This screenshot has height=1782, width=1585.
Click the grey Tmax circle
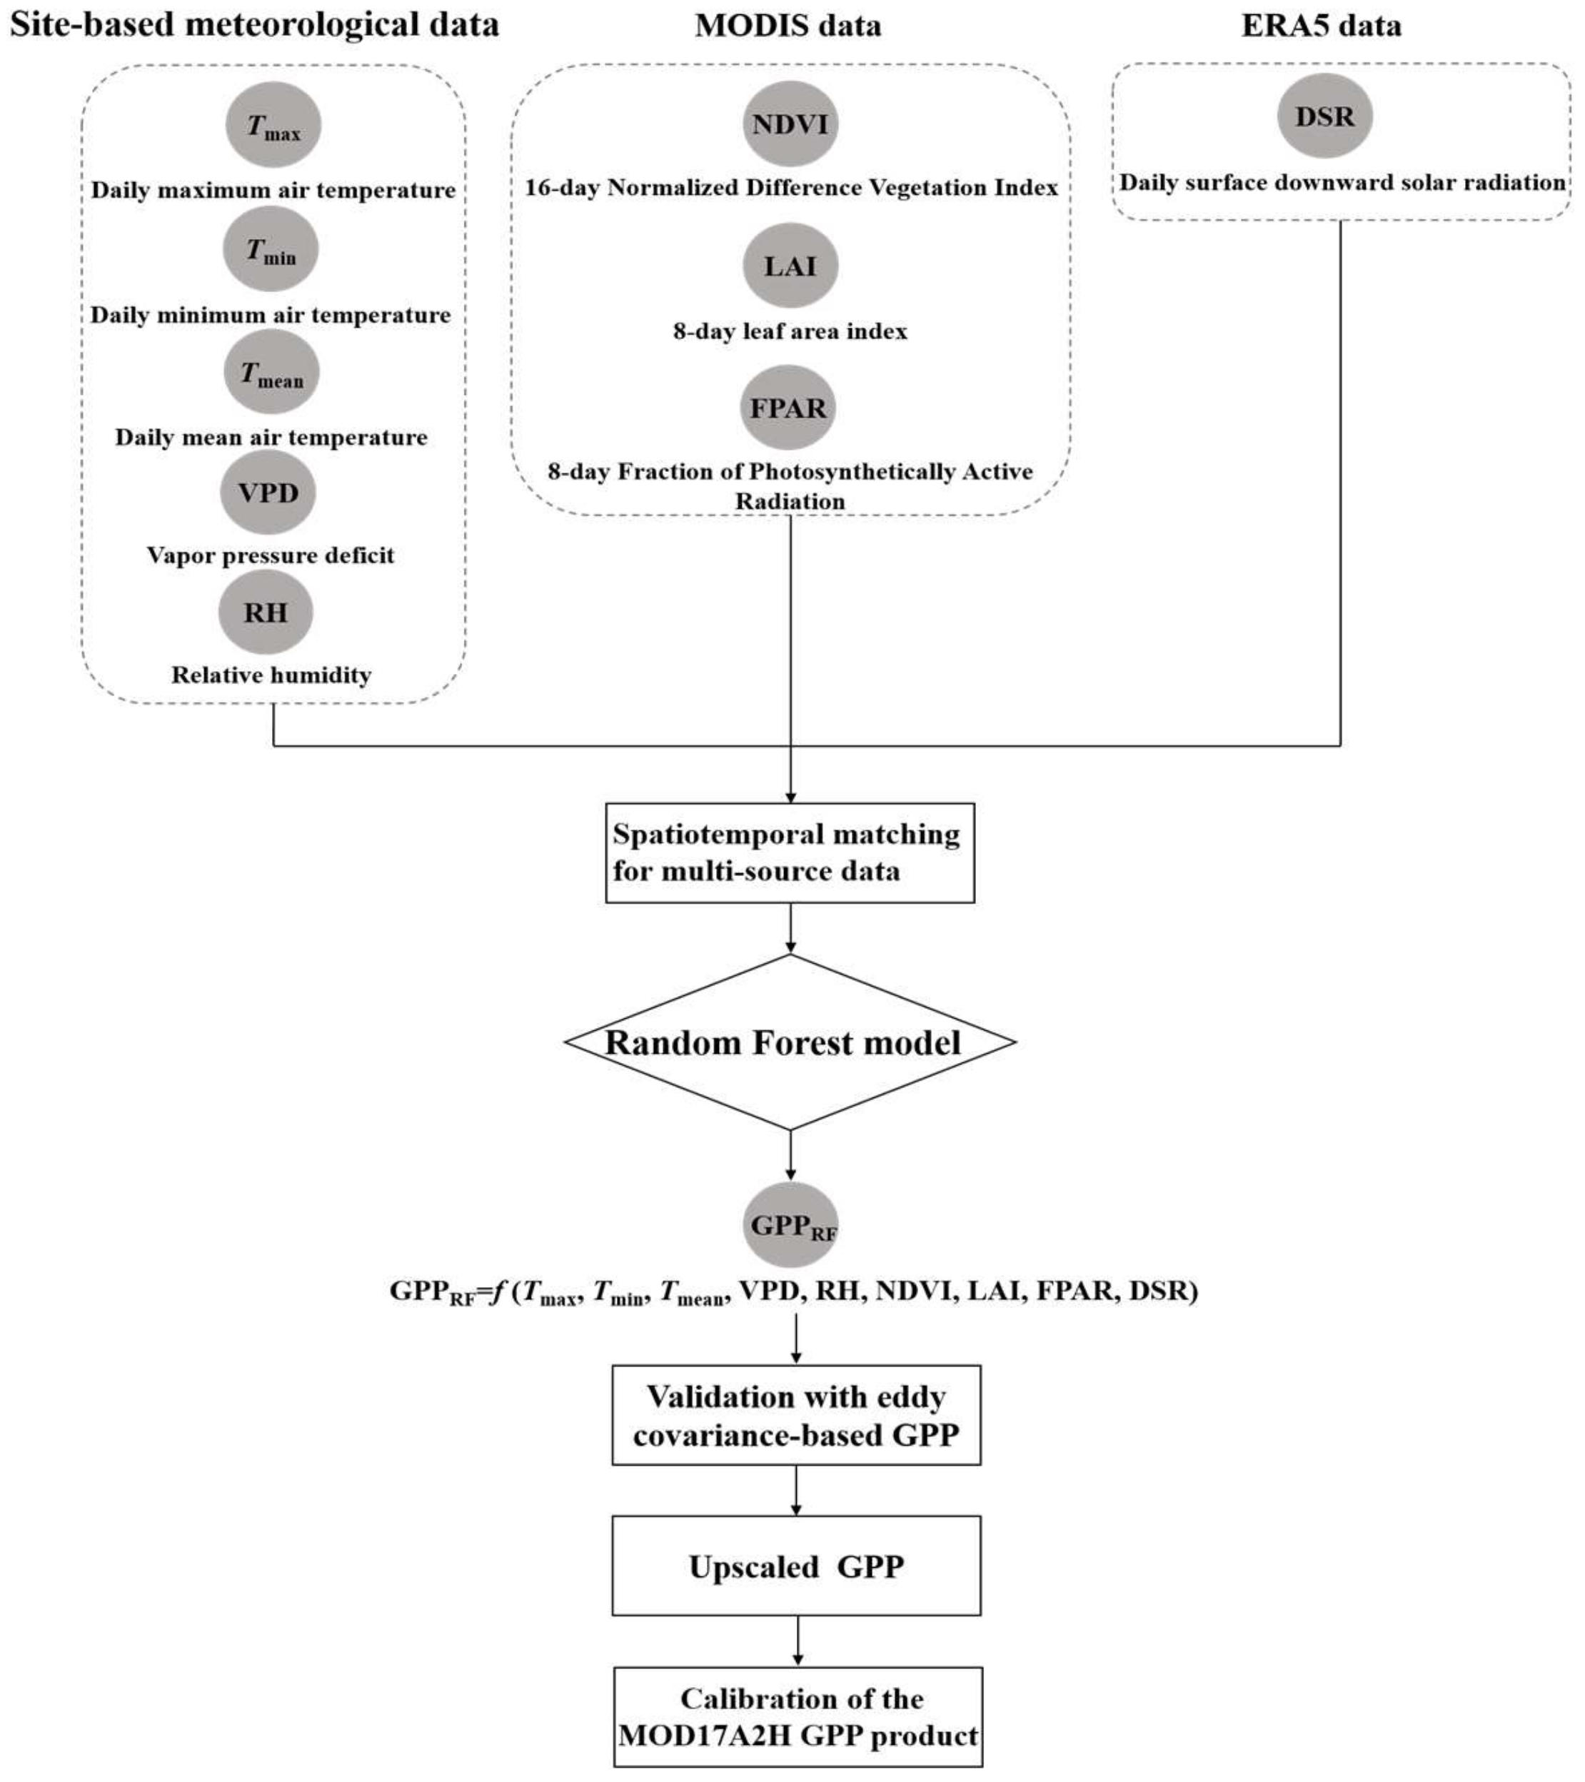click(273, 125)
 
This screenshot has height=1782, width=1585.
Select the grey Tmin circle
click(271, 249)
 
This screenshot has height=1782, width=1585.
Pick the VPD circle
click(268, 493)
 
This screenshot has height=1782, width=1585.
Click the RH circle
click(265, 612)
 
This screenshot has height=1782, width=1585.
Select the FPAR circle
click(788, 407)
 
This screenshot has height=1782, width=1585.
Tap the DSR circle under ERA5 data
click(1324, 116)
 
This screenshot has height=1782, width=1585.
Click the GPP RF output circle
click(790, 1225)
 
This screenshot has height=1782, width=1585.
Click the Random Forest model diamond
click(790, 1042)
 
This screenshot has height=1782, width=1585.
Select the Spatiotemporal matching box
click(790, 852)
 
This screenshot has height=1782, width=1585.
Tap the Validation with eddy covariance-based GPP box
click(796, 1415)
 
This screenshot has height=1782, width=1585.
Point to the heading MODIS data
click(788, 24)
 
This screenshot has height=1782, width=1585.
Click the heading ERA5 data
click(1321, 24)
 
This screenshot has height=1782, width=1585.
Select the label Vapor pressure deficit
click(271, 555)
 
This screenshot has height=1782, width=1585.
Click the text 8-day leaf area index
click(790, 331)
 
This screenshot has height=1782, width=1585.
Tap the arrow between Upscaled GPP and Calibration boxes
click(797, 1641)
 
